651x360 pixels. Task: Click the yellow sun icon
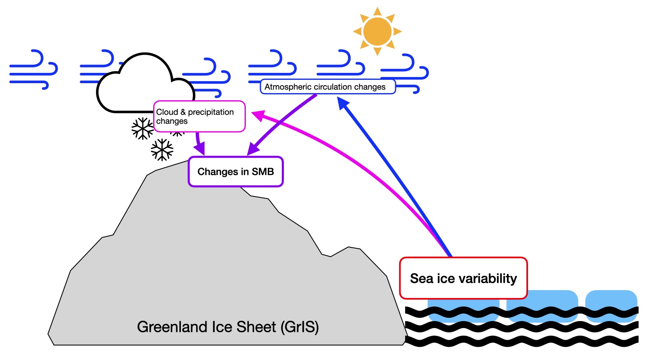coord(377,31)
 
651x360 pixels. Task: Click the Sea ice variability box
coord(463,278)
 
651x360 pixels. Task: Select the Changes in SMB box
coord(235,172)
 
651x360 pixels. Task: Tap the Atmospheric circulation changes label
coord(325,87)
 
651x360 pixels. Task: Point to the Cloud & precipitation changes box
coord(199,116)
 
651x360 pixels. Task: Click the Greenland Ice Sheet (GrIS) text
coord(228,327)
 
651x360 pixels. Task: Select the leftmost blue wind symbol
coord(33,70)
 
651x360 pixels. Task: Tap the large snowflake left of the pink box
coord(142,129)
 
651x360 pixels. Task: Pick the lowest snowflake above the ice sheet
coord(162,150)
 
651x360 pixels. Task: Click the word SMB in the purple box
coord(263,172)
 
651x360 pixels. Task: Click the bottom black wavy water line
coord(521,342)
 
